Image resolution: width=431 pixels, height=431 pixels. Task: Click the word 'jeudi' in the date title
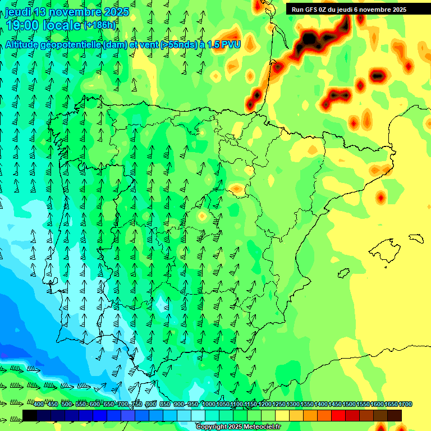tap(17, 12)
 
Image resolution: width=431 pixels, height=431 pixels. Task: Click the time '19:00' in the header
tap(22, 25)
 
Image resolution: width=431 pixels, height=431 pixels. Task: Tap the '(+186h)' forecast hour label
tap(100, 25)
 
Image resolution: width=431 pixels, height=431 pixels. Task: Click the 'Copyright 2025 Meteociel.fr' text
tap(238, 427)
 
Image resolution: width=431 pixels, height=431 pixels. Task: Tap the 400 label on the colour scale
tap(38, 405)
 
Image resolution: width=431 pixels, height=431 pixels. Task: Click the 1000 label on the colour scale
tap(209, 405)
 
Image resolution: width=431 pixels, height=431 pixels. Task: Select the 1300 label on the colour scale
tap(294, 405)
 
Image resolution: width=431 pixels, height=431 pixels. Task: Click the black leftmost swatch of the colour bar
tap(30, 415)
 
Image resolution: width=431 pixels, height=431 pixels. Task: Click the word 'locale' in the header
tap(62, 25)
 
